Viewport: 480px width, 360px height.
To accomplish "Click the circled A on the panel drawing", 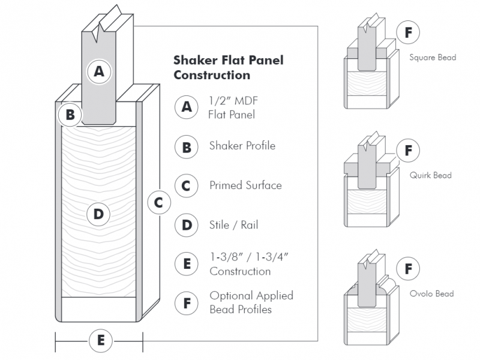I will click(100, 71).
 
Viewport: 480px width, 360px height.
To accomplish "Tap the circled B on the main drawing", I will click(70, 114).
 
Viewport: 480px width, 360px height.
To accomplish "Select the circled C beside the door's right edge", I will click(158, 203).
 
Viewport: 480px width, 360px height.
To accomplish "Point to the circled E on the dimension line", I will click(100, 341).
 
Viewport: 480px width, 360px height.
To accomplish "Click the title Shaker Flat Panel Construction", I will click(228, 67).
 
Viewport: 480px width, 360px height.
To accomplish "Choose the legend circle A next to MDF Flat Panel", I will click(187, 107).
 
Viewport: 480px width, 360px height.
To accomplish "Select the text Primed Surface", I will click(245, 185).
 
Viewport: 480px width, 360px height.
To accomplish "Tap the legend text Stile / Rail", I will click(233, 226).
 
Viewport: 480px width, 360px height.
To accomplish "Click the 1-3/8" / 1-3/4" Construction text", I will click(250, 264).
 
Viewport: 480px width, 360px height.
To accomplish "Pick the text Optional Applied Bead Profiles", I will click(251, 302).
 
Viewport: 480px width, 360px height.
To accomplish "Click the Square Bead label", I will click(433, 58).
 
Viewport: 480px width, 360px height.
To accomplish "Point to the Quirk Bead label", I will click(431, 175).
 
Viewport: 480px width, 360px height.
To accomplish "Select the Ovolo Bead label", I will click(432, 293).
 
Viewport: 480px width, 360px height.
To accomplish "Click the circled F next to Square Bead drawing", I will click(408, 32).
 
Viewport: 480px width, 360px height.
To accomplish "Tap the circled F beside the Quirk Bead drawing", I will click(408, 150).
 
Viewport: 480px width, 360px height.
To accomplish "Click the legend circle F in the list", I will click(187, 304).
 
